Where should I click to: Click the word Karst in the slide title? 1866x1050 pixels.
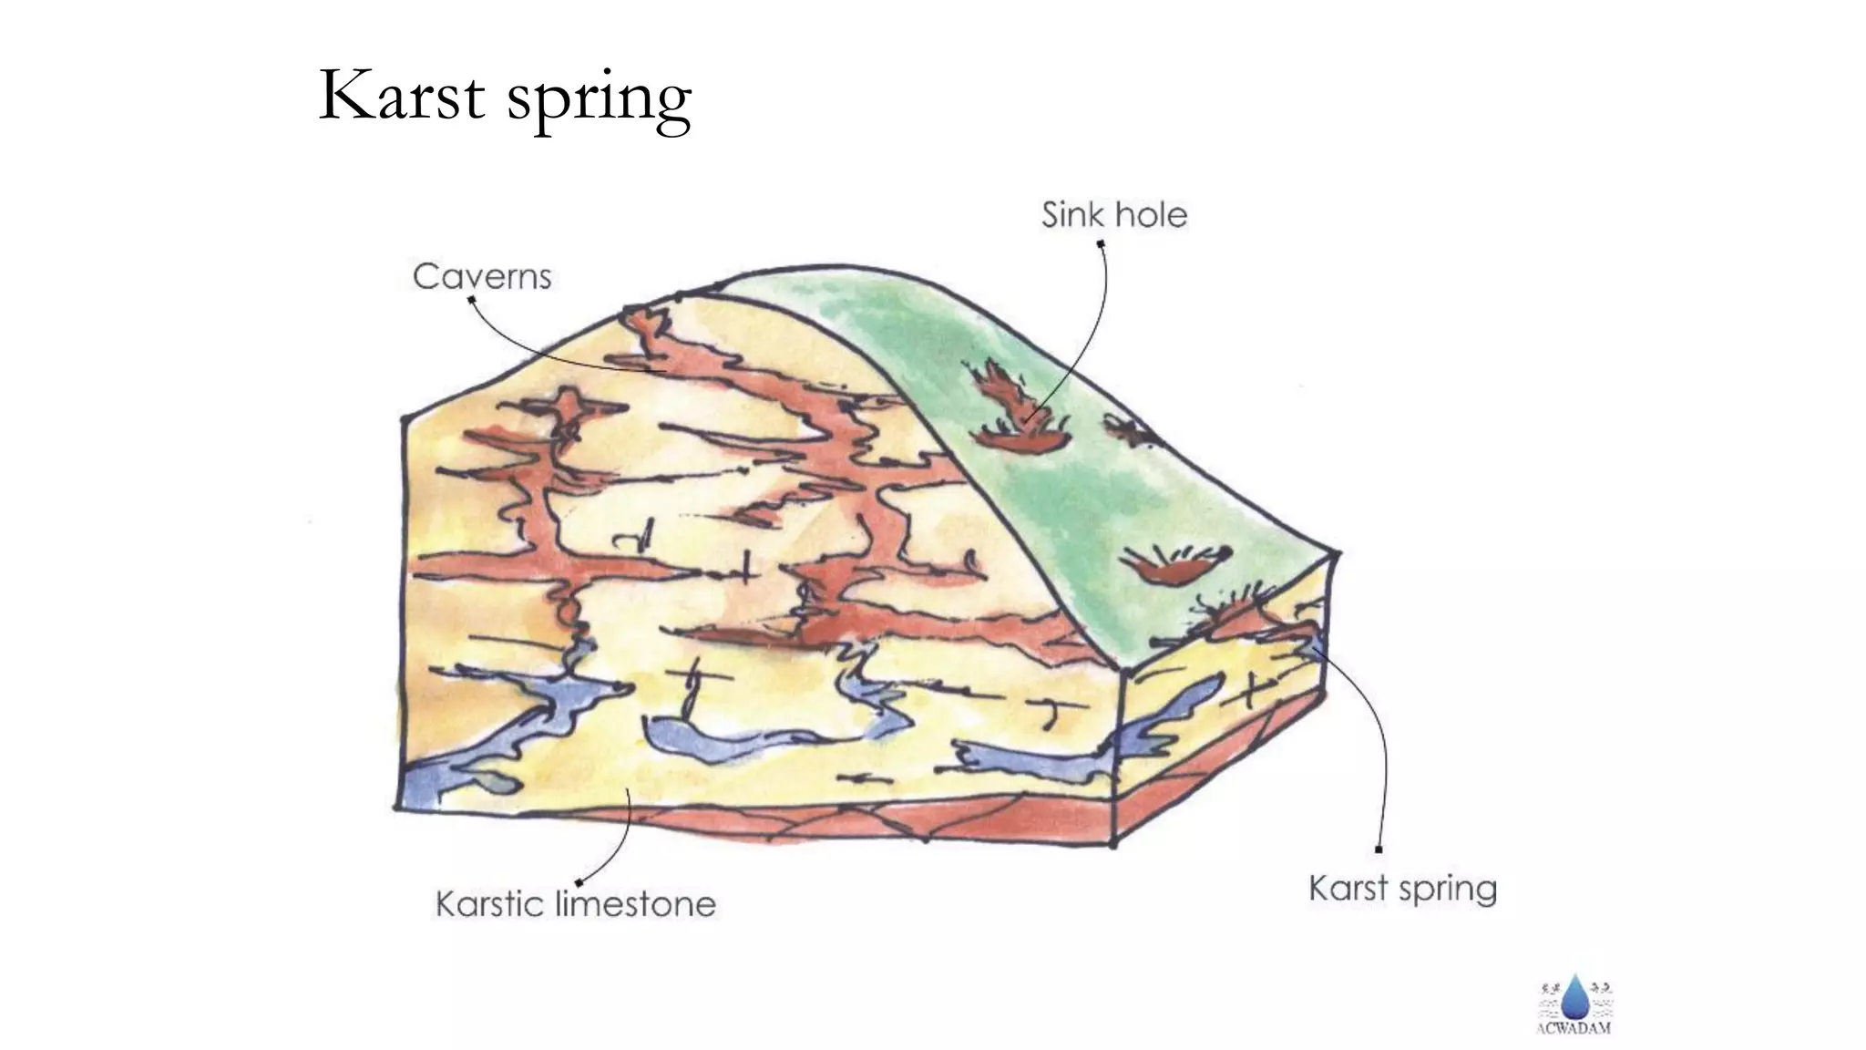[401, 96]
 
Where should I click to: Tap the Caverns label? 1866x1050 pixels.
[482, 276]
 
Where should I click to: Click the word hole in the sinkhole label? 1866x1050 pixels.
[1152, 215]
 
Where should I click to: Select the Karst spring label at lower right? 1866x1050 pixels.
[1402, 889]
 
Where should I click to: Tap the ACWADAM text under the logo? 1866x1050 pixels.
[1574, 1029]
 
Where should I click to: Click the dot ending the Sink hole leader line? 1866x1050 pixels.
[1100, 243]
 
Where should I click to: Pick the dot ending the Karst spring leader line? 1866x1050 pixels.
[1379, 849]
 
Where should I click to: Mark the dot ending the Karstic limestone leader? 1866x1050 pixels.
[579, 882]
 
